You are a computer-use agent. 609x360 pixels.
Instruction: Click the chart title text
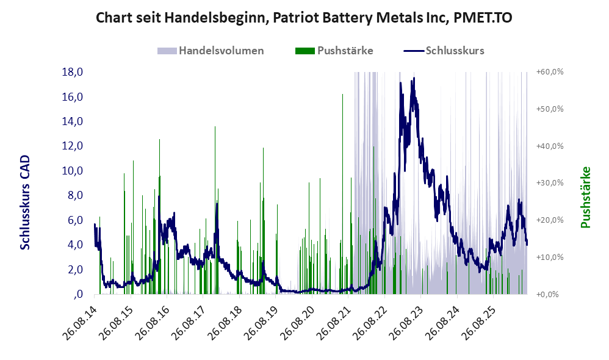click(x=304, y=18)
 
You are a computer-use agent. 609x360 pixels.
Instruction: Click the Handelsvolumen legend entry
click(x=211, y=51)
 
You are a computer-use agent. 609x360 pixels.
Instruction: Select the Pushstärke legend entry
click(x=334, y=51)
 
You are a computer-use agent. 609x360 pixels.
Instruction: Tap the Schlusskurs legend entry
click(x=444, y=51)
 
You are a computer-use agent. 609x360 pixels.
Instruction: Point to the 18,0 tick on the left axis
click(x=73, y=72)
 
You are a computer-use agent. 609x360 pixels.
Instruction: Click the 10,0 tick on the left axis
click(x=73, y=170)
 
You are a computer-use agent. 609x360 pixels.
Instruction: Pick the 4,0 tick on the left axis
click(x=75, y=245)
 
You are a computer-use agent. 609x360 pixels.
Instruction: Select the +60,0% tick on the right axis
click(x=550, y=72)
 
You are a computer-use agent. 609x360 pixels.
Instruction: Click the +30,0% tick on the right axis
click(x=550, y=183)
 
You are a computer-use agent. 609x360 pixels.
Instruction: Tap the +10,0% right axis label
click(x=550, y=257)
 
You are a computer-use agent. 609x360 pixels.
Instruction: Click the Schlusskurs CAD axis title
click(x=25, y=203)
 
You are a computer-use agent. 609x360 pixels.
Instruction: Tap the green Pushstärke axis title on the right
click(x=585, y=197)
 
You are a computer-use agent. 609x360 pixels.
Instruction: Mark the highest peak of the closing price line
click(x=414, y=78)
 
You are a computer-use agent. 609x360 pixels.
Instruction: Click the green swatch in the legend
click(x=305, y=51)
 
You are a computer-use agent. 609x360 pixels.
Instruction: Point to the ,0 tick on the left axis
click(x=78, y=294)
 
